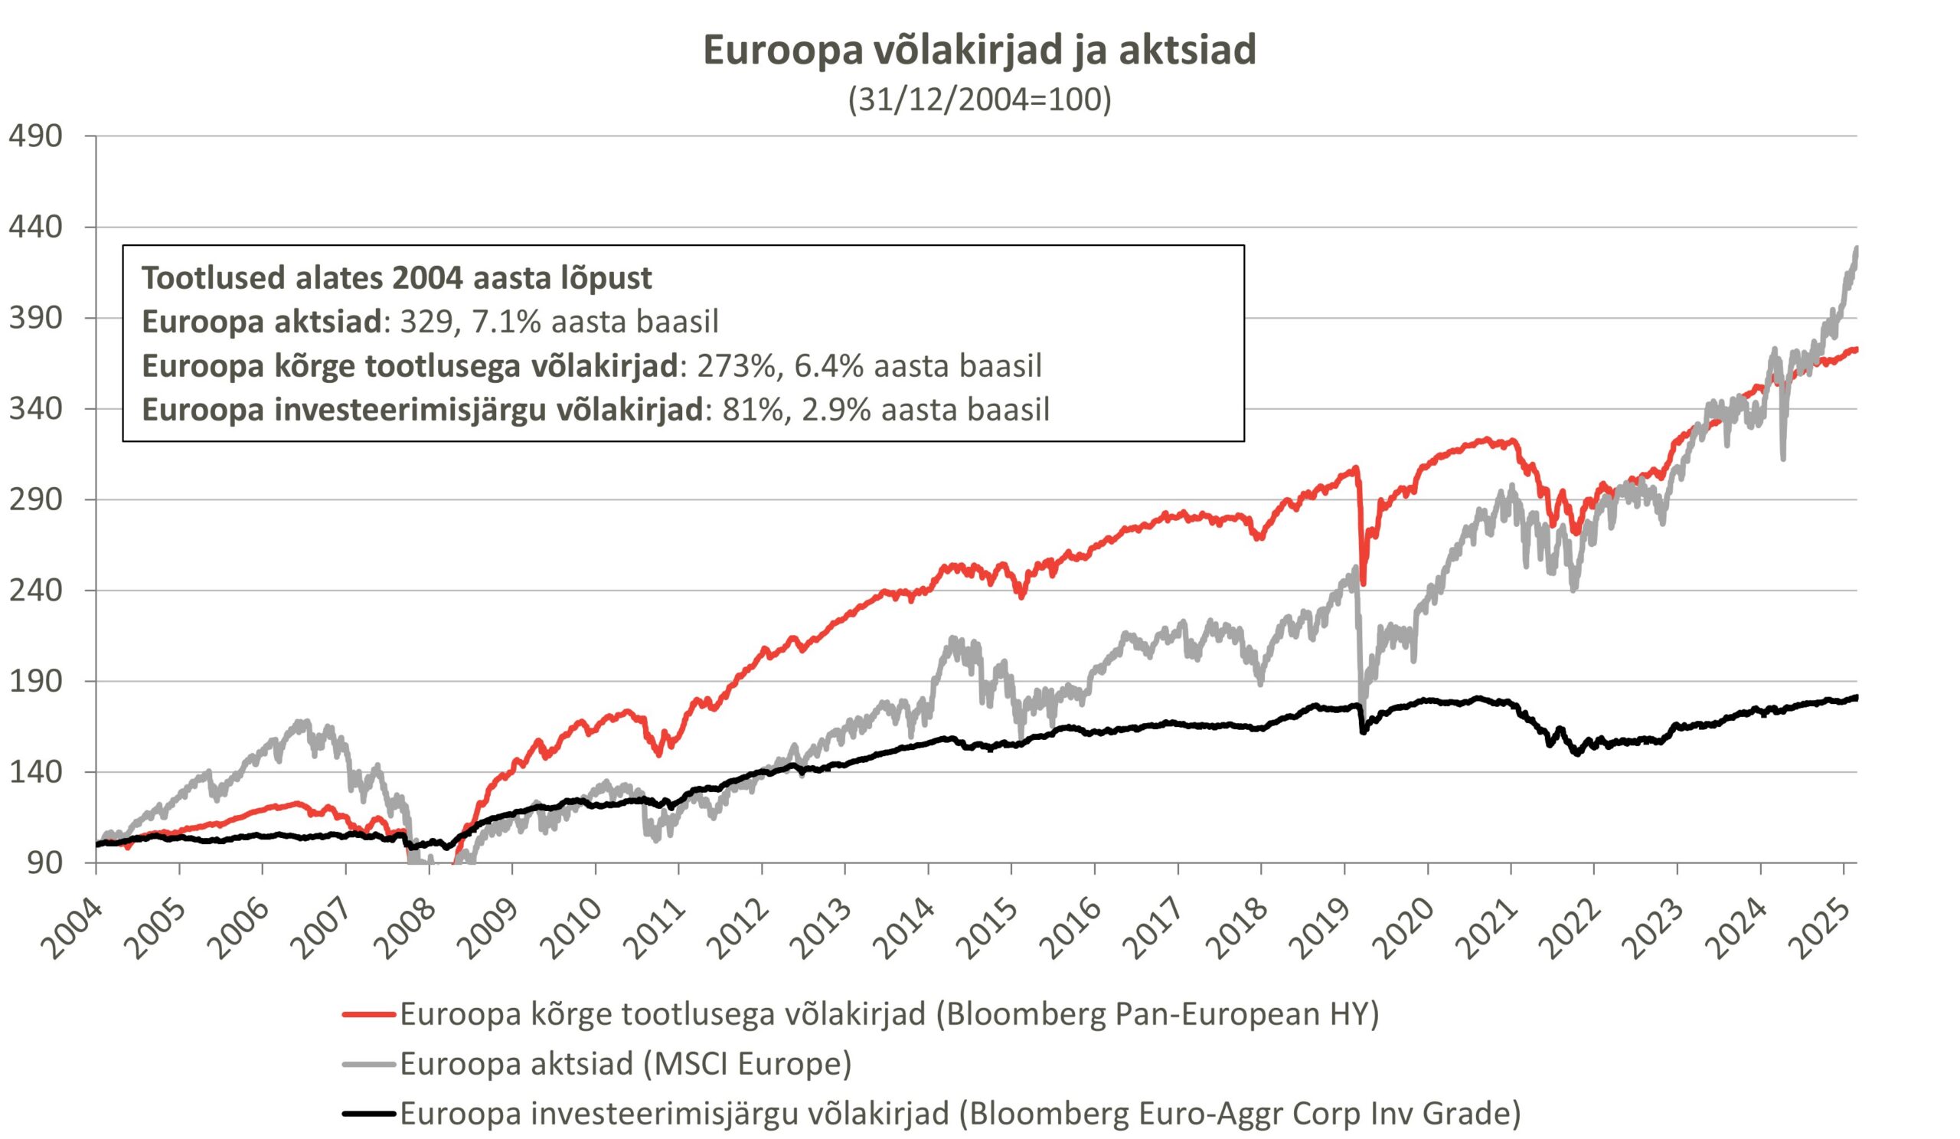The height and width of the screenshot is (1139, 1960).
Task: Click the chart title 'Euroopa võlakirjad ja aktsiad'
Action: [x=979, y=50]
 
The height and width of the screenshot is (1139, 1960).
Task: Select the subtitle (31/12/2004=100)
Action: [x=979, y=100]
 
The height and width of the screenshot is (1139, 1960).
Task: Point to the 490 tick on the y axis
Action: [x=36, y=136]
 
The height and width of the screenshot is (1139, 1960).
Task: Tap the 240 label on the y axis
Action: [x=36, y=591]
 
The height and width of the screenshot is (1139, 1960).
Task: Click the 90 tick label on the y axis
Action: [x=45, y=862]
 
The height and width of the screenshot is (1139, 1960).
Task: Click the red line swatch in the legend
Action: [x=370, y=1014]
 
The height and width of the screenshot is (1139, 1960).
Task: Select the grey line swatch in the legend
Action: [x=370, y=1064]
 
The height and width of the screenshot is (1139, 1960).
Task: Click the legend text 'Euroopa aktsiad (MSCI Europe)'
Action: [x=626, y=1064]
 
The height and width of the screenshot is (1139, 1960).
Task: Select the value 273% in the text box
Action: [x=736, y=365]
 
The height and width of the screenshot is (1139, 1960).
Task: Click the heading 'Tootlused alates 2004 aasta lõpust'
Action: [x=397, y=278]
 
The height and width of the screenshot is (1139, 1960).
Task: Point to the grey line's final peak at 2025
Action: [x=1857, y=249]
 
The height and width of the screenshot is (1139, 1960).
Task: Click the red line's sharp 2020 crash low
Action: [x=1364, y=584]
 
